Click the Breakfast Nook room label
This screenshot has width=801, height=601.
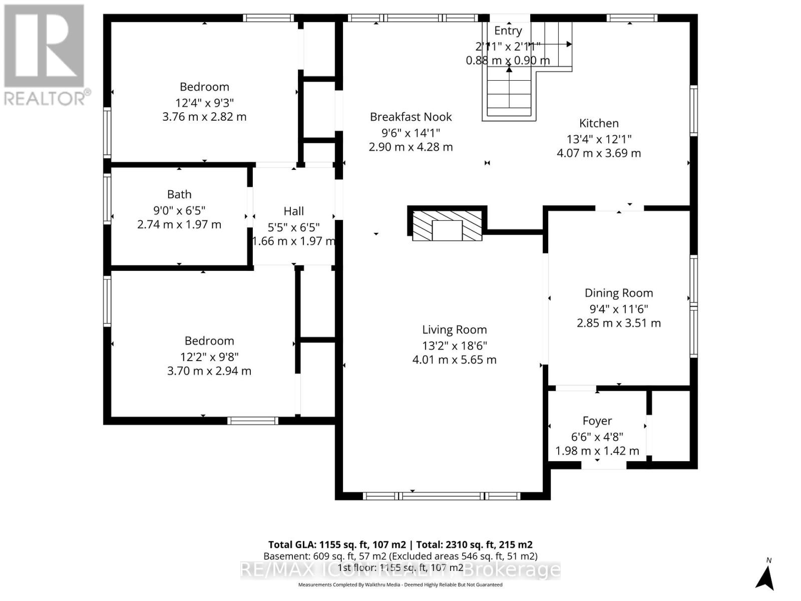411,117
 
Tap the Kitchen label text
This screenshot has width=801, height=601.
599,123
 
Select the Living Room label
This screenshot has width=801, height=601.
454,330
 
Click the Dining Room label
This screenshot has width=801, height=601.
619,293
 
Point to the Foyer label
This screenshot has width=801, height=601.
597,421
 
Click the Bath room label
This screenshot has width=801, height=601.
179,194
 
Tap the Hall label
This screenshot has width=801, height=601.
293,211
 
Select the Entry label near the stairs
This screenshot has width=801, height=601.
508,31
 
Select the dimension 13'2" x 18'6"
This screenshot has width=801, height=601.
454,346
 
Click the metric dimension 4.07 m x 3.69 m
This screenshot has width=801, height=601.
599,153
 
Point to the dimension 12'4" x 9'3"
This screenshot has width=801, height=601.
204,103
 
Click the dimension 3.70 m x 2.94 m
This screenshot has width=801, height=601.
209,371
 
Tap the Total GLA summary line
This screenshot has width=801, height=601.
400,545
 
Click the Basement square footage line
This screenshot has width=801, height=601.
400,556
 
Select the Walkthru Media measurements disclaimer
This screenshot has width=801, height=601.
400,584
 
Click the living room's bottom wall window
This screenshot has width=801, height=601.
441,496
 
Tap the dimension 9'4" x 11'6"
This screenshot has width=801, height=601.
619,309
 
